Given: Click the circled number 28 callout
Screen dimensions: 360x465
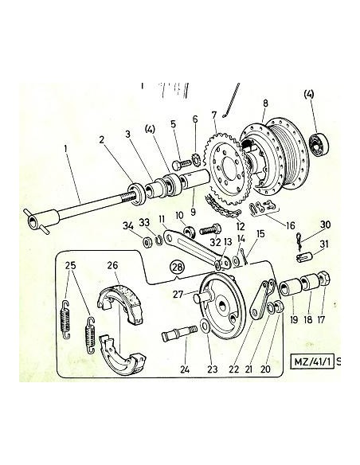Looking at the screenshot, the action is [177, 268].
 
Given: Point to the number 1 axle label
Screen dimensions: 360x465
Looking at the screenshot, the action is [66, 147].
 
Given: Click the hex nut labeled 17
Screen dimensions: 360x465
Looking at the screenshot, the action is [323, 278].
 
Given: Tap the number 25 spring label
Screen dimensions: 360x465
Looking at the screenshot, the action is [71, 265].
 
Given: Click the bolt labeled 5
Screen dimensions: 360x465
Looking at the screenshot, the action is [181, 164].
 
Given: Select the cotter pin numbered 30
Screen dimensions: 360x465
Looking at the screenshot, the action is [299, 242].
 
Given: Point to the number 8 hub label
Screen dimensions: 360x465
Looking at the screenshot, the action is [265, 104].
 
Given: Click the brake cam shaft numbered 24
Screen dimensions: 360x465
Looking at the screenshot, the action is [180, 333].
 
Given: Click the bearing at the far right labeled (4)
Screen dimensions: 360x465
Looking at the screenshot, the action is [319, 144].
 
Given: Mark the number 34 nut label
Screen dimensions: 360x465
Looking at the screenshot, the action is [127, 226].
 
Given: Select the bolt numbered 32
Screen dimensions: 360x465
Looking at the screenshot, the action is [211, 229].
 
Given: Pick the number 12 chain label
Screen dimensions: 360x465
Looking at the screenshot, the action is [241, 226].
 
